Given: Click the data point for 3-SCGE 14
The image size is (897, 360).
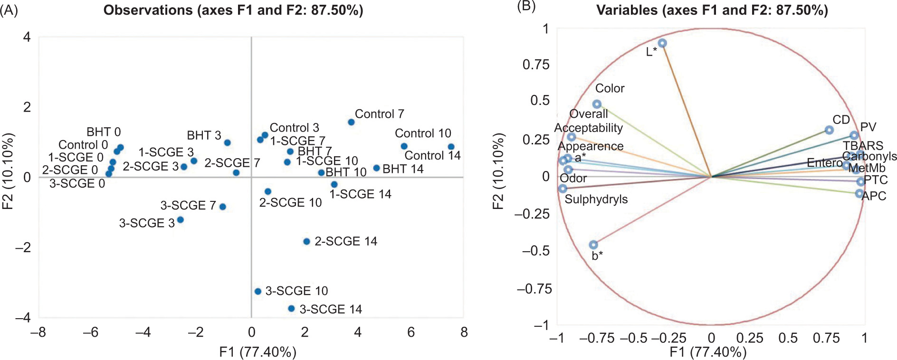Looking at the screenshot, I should coord(291,309).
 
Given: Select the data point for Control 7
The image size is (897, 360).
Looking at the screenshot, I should coord(351,122).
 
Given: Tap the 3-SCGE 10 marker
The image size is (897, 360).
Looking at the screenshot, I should coord(258,291).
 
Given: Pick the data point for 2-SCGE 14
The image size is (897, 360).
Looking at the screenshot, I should coord(306,241).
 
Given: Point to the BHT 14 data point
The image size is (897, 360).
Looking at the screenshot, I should coord(376,168).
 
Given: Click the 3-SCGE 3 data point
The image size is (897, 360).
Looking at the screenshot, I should coord(180,220).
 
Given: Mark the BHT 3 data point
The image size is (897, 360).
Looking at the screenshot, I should coord(227,142).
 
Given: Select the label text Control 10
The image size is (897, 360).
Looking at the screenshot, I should coord(423,133).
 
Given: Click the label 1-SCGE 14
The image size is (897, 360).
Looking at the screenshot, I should coord(360,194).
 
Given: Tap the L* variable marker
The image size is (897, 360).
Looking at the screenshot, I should coord(662,43).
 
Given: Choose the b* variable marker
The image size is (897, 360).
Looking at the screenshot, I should coord(593,245).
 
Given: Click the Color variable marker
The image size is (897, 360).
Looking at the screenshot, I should coord(597,104).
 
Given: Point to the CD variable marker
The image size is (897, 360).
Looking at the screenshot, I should coord(829,130).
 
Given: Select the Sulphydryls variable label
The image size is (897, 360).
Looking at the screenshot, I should coord(596,199).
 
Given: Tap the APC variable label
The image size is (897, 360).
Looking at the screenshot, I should coord(874,196).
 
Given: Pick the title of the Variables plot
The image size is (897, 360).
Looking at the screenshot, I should coord(712,10).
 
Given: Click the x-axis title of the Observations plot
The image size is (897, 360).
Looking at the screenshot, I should coord(258,352).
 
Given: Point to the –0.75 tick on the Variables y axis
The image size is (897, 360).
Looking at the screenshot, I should coord(534,289).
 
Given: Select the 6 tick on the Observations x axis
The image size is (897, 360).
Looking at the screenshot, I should coord(410,332).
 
